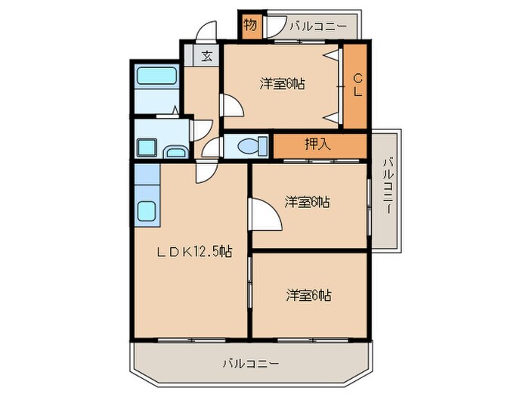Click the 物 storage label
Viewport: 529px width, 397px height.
[x=250, y=26]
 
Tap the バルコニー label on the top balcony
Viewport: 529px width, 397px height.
[x=317, y=26]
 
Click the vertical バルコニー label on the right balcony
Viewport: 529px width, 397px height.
[x=387, y=186]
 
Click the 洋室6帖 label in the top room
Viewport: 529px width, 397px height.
[x=283, y=84]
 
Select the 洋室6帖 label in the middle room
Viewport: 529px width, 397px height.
[x=308, y=202]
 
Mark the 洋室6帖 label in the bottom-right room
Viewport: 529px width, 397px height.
[x=308, y=294]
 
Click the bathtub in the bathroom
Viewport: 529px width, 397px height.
[x=156, y=76]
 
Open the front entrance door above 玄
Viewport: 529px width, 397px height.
[x=205, y=33]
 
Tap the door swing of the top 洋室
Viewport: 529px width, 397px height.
[x=230, y=107]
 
